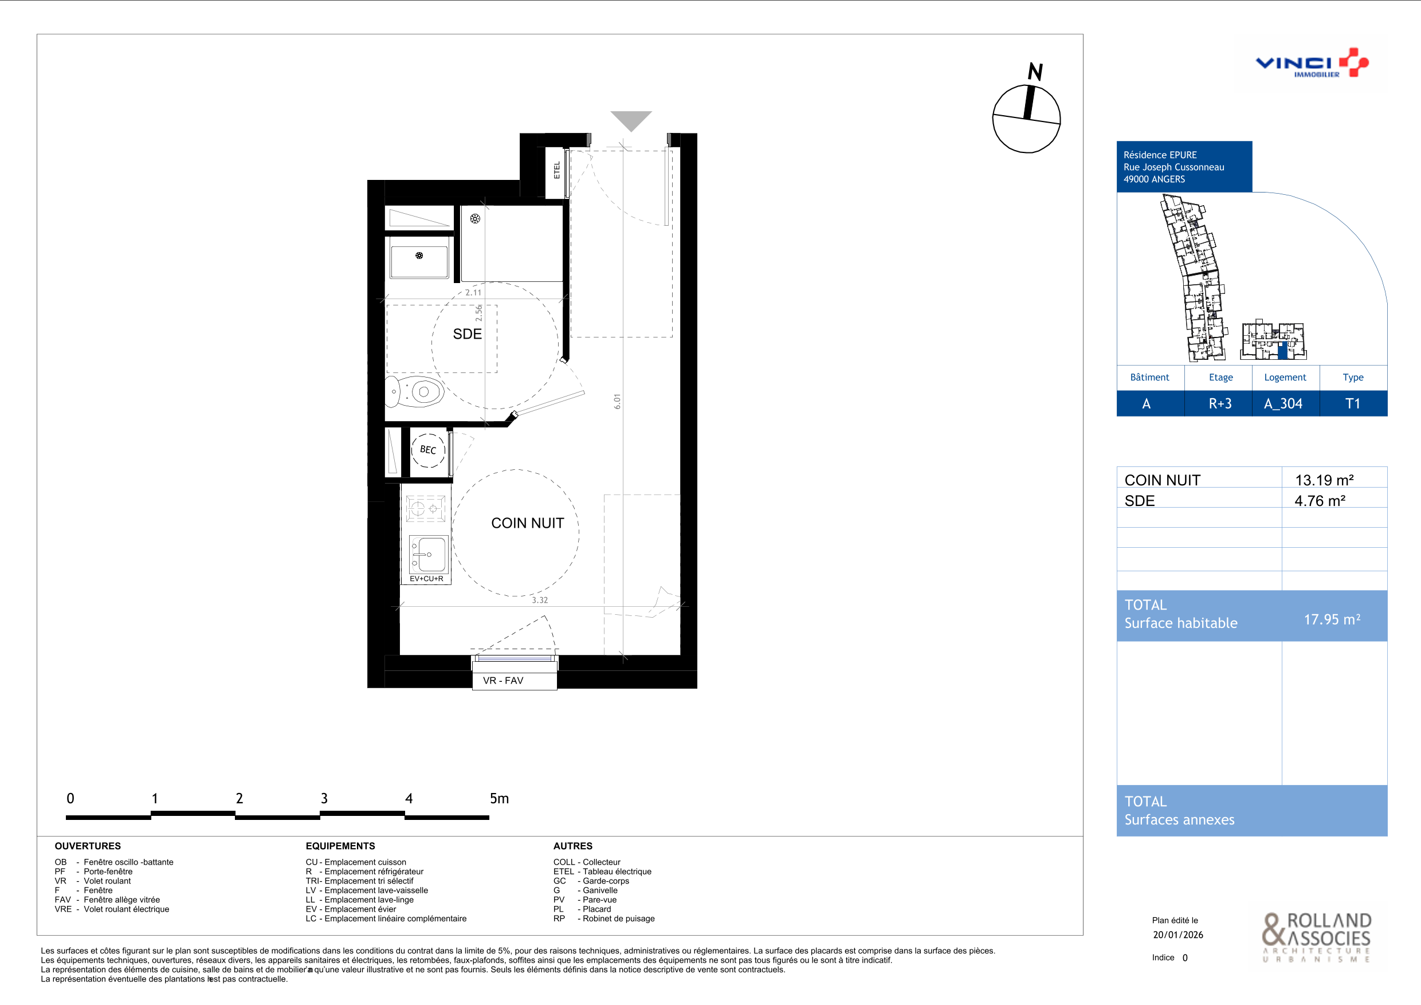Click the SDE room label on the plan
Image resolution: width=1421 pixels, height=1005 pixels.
(468, 334)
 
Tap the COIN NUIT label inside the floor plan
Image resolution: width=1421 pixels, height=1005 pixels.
(527, 524)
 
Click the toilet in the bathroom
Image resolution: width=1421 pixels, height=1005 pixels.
(415, 391)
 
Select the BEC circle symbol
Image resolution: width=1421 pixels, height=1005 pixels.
(428, 450)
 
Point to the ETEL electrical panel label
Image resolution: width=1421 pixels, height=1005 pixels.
(557, 170)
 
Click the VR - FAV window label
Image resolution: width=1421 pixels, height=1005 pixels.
(503, 681)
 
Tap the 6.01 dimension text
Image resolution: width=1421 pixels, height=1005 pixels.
(617, 402)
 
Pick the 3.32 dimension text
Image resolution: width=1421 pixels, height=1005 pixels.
(540, 600)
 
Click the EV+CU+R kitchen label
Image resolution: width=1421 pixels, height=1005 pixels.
(426, 579)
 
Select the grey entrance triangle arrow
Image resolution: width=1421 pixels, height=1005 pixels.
(631, 120)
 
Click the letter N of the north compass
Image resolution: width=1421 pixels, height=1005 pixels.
(1035, 72)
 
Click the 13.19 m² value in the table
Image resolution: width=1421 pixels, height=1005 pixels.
(1324, 480)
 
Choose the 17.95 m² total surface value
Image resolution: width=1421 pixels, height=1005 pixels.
(1332, 619)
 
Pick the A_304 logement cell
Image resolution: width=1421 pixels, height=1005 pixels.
(1283, 404)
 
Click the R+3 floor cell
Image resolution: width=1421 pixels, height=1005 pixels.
(1220, 404)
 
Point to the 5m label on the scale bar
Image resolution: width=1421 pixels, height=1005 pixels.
(499, 798)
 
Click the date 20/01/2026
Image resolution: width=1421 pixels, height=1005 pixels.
(1178, 935)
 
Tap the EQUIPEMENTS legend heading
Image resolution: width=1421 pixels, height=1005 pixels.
(340, 846)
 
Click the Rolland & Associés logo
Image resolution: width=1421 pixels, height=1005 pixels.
(1316, 937)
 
